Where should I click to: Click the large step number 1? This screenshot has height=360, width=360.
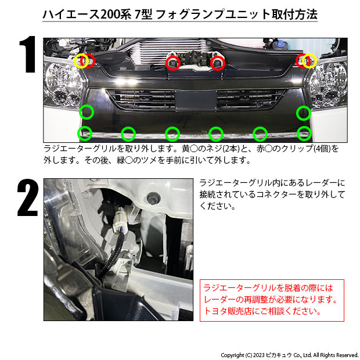click(27, 55)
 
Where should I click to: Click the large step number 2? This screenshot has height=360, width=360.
click(27, 197)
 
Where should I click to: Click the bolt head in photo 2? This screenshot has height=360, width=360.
click(152, 198)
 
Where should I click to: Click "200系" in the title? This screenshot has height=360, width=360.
click(116, 15)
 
